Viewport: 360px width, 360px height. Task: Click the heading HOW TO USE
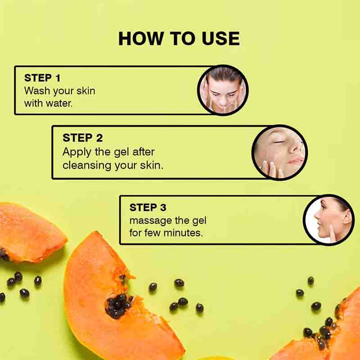coord(179,38)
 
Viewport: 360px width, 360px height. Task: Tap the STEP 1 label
coord(42,78)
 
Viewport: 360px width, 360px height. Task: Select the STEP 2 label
coord(83,138)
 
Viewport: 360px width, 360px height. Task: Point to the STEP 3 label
coord(148,208)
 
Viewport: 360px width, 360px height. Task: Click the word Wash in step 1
coord(37,91)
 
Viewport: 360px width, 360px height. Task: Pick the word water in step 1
coord(59,103)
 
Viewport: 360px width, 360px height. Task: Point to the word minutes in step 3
coord(183,233)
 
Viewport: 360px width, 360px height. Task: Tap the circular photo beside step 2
coord(280,152)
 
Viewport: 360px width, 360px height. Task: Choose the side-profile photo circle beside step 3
coord(329,220)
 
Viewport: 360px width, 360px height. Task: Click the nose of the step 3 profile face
coord(317,215)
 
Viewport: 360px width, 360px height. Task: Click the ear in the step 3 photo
coord(346,217)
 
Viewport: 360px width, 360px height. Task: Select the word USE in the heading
coord(221,38)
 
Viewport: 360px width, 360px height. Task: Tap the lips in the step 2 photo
coord(295,161)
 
